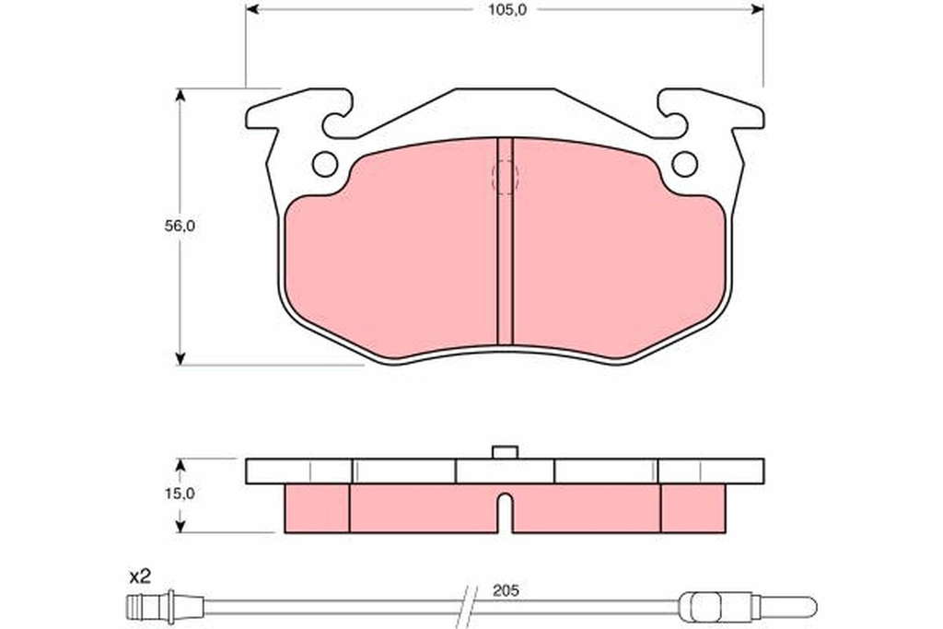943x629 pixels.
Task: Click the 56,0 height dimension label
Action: point(180,227)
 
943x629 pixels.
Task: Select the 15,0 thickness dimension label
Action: point(180,494)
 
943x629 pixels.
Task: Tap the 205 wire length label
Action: point(506,590)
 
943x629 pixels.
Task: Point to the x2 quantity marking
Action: point(140,577)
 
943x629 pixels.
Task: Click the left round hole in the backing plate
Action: point(325,164)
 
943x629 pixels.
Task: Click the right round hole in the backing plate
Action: point(684,164)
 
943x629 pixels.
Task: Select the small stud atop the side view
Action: point(506,452)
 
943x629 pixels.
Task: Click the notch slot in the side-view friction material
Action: point(506,513)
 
